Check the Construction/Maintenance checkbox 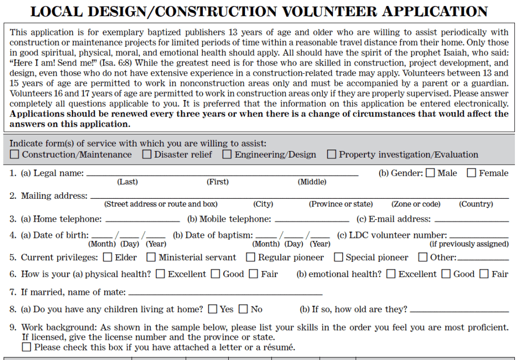click(x=15, y=155)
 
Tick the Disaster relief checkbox click(x=147, y=155)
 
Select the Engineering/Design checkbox click(x=227, y=155)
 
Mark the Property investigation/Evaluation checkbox click(x=331, y=155)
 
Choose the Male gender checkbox click(x=431, y=173)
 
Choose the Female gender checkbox click(x=472, y=173)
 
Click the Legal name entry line click(x=222, y=174)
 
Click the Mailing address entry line click(x=299, y=197)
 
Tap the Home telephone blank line click(x=143, y=221)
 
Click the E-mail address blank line click(x=472, y=221)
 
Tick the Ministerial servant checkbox click(x=151, y=258)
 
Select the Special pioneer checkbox click(x=338, y=258)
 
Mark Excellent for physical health click(x=160, y=275)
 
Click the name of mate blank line click(x=226, y=294)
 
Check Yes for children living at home click(x=212, y=309)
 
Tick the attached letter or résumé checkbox click(x=26, y=348)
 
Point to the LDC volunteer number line click(x=479, y=236)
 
